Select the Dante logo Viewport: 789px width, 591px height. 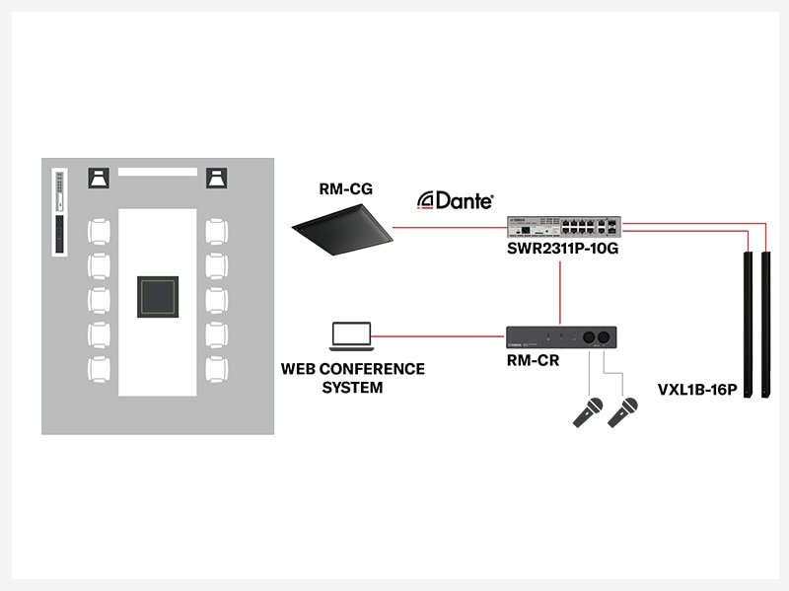click(x=456, y=199)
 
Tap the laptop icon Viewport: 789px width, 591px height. click(x=351, y=336)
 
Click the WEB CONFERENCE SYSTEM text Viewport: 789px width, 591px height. click(x=353, y=378)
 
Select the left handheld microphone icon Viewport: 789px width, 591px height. click(x=588, y=411)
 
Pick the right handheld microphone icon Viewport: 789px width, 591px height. click(x=623, y=411)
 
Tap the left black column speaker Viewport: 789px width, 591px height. click(x=749, y=325)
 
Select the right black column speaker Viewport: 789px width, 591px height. click(x=765, y=325)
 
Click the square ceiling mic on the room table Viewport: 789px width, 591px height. click(x=158, y=297)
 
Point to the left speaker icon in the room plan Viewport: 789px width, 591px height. click(x=99, y=178)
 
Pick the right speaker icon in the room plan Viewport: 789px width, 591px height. click(x=218, y=178)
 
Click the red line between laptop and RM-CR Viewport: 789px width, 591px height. click(x=440, y=336)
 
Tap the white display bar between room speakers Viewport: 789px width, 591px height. click(x=158, y=172)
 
